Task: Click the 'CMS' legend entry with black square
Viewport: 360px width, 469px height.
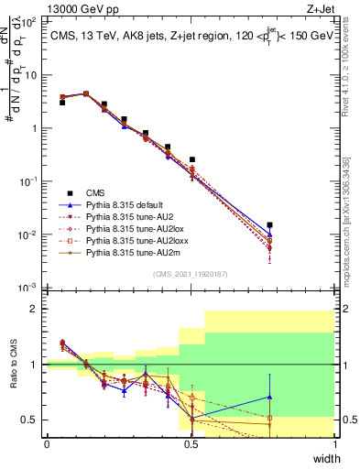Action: click(x=94, y=193)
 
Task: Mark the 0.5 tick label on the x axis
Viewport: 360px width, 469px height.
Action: click(x=191, y=443)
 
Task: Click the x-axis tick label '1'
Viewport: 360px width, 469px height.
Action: click(x=336, y=443)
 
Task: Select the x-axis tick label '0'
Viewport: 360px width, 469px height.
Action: click(x=47, y=443)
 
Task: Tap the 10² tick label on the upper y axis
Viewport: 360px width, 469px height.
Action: click(x=29, y=21)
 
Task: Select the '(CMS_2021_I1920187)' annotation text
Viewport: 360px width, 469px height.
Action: click(x=191, y=274)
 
